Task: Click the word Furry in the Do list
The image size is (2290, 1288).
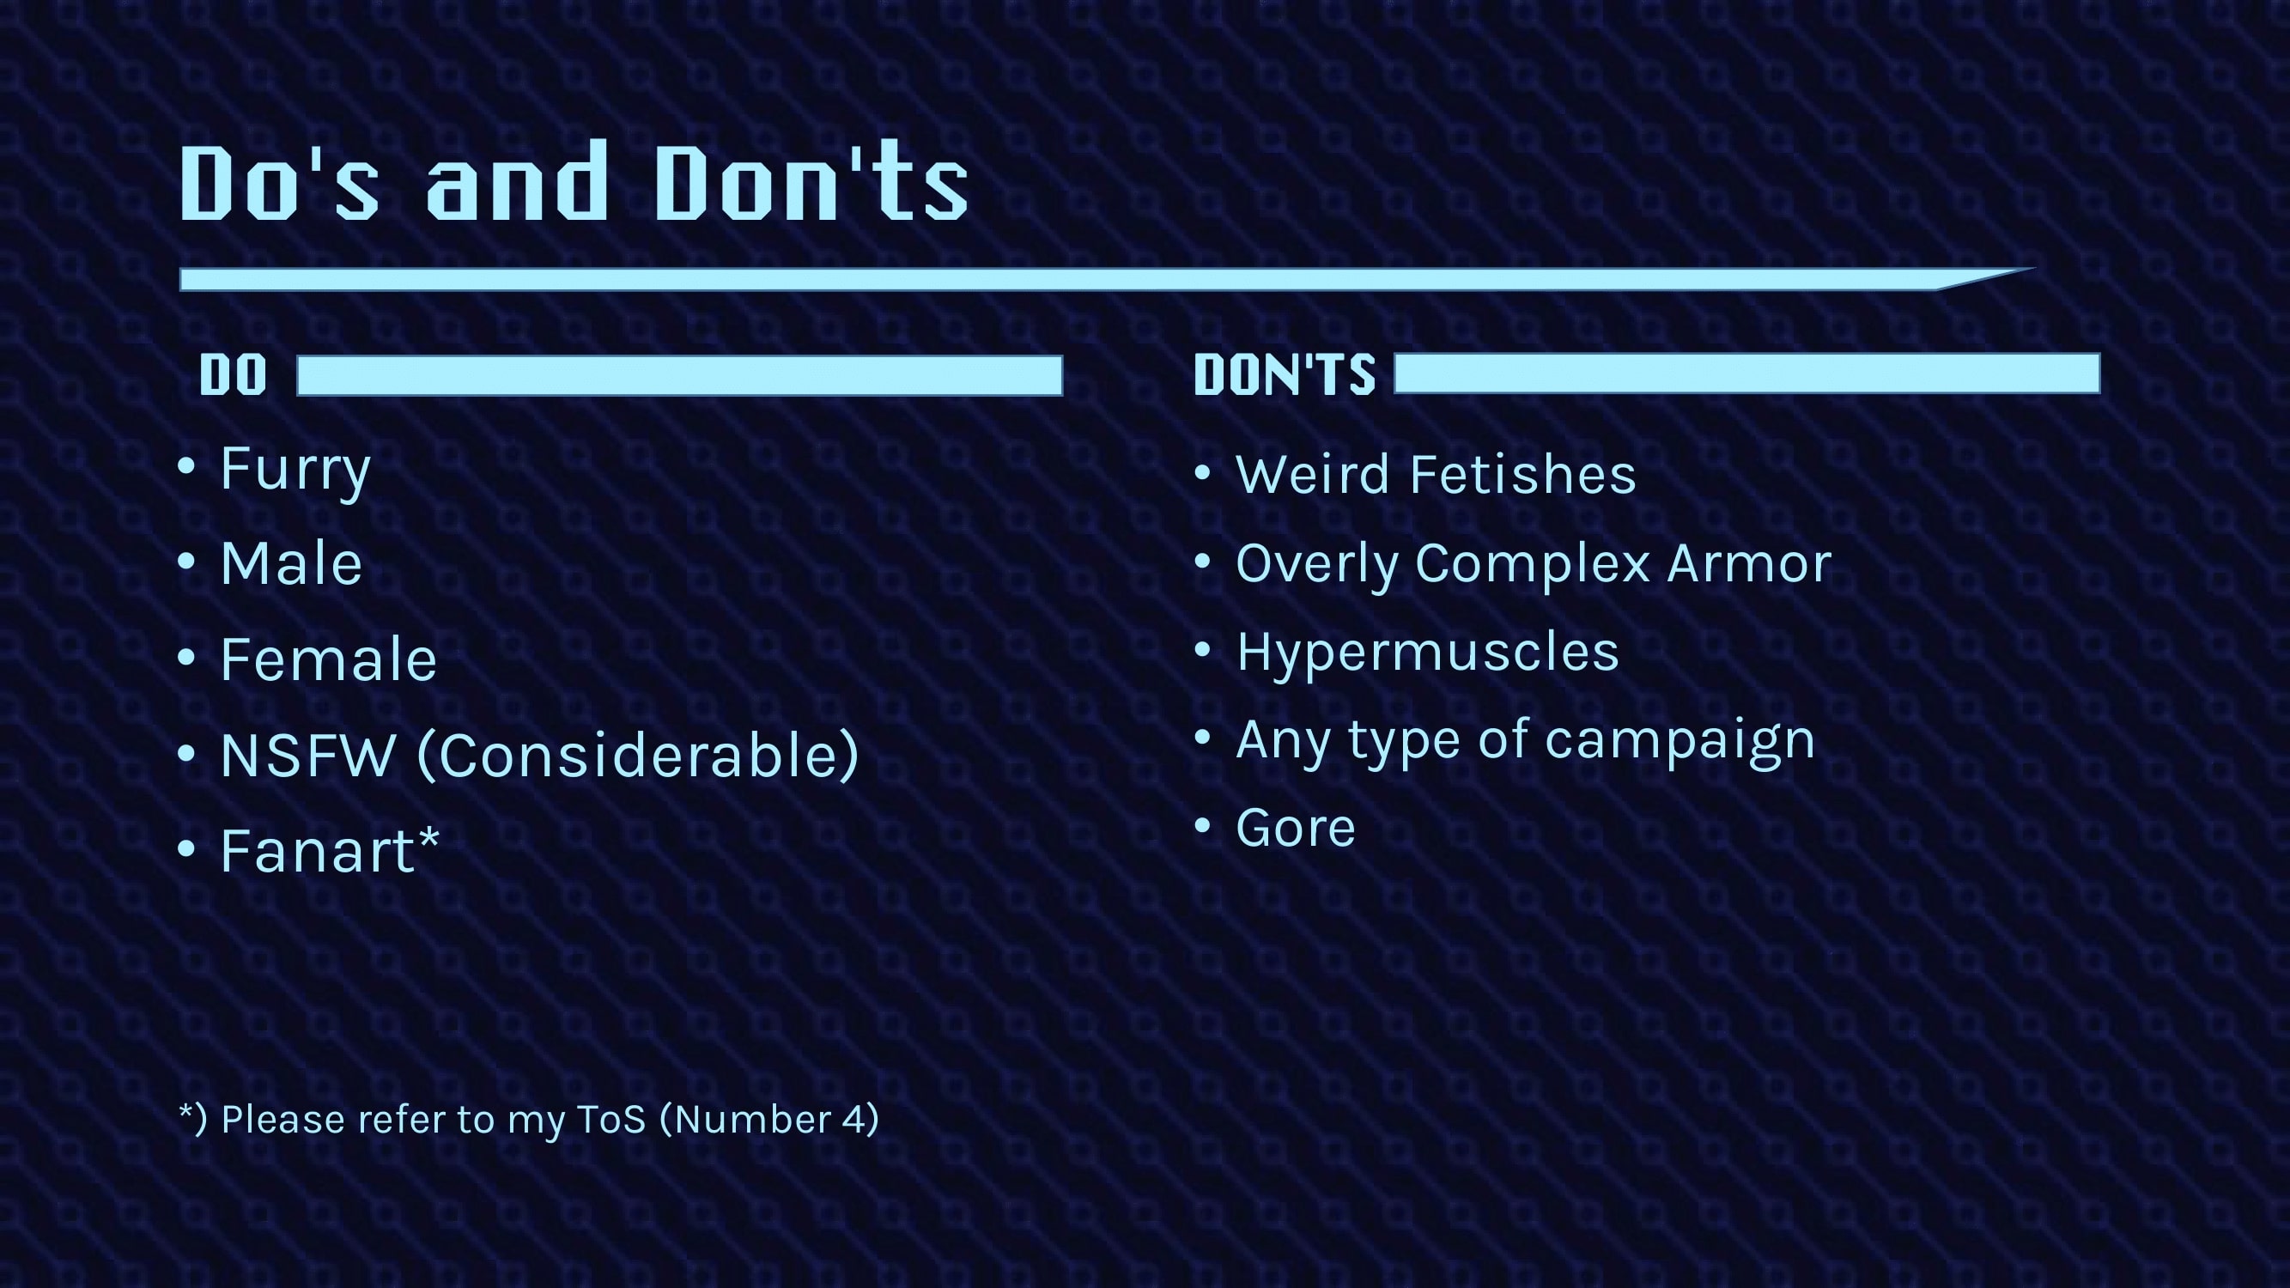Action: point(295,471)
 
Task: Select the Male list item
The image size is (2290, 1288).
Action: point(292,563)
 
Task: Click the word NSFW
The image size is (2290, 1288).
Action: point(307,756)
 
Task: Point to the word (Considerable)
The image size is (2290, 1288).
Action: point(637,756)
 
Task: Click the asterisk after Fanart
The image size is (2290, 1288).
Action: point(428,837)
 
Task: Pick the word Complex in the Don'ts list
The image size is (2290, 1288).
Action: point(1531,563)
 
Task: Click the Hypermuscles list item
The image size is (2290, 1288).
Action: point(1428,653)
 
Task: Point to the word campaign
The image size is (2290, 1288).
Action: point(1680,741)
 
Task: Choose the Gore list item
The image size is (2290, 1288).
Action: point(1295,829)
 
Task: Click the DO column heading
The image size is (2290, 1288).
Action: point(233,375)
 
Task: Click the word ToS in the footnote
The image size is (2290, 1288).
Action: point(610,1119)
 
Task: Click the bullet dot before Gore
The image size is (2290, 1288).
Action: point(1203,826)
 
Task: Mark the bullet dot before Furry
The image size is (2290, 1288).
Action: point(185,465)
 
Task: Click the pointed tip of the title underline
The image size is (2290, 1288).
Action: point(2034,268)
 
